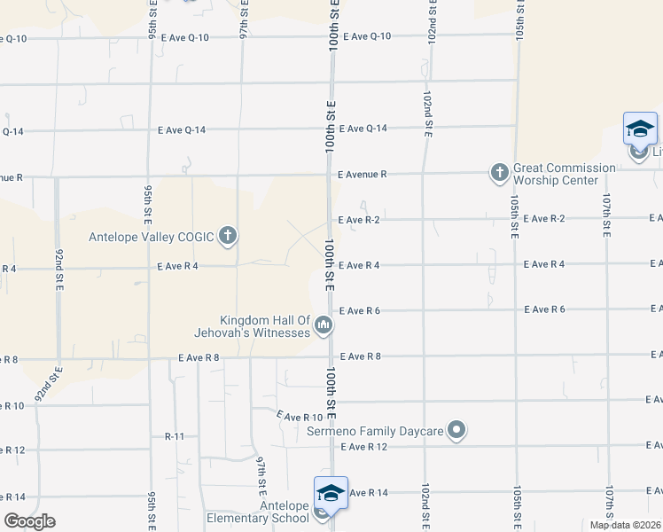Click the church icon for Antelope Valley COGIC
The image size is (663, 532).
pos(228,236)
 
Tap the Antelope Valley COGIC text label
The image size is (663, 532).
pos(152,237)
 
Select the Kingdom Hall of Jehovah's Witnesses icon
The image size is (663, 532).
pos(324,326)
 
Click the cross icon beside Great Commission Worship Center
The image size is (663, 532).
pos(499,172)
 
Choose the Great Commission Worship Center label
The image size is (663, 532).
pos(564,174)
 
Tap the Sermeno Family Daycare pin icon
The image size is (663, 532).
pos(456,431)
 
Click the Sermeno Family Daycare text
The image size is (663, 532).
pos(375,432)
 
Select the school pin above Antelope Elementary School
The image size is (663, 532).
pos(330,494)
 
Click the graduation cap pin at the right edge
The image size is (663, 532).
pos(640,129)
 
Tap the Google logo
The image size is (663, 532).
pos(29,521)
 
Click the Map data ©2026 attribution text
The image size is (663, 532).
pos(625,525)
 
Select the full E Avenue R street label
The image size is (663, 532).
pos(362,175)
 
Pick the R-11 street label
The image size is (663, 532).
pos(175,437)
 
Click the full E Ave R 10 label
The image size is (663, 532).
pos(300,417)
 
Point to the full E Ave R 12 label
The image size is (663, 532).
pos(364,447)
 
